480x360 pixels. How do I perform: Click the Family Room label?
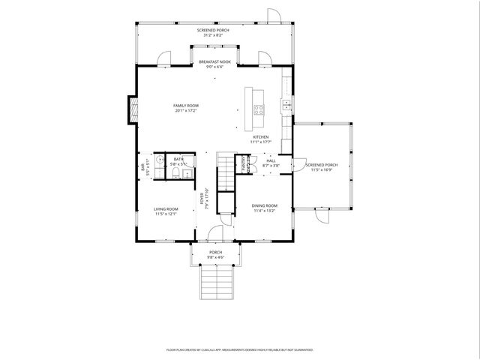coord(186,106)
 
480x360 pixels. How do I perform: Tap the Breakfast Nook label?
coord(214,61)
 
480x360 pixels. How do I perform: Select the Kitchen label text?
coord(260,137)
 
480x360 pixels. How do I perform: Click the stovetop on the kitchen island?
coord(259,109)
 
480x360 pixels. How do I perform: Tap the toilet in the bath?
coord(173,174)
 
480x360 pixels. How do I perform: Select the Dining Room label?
coord(264,205)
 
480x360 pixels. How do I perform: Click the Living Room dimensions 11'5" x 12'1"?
coord(166,214)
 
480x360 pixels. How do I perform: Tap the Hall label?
coord(271,159)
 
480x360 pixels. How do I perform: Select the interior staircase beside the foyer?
coord(226,172)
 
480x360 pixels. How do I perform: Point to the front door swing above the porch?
coord(216,234)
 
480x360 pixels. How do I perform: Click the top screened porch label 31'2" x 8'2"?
coord(213,34)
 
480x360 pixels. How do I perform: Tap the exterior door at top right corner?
coord(274,16)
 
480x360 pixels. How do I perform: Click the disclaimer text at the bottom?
coord(239,349)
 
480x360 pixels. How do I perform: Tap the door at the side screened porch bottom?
coord(322,215)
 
